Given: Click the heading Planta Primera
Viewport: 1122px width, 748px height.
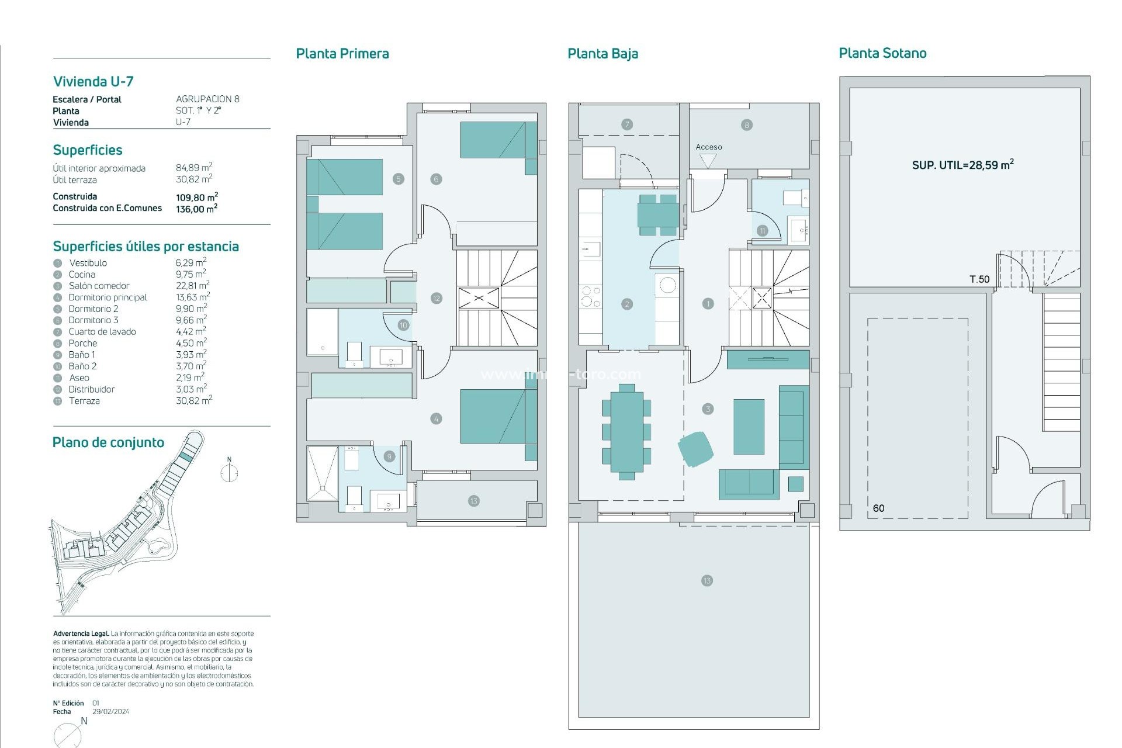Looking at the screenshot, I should [342, 54].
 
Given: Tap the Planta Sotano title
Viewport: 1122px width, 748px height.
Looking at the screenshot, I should [882, 53].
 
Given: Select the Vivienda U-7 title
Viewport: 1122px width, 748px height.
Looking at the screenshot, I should [93, 81].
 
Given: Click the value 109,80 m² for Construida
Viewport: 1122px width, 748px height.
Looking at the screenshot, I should [197, 197].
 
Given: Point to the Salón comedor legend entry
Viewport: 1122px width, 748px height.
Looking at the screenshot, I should [99, 286].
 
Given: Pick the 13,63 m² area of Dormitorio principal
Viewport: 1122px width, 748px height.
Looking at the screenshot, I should [192, 297].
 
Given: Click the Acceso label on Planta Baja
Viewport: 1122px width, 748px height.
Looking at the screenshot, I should [708, 147].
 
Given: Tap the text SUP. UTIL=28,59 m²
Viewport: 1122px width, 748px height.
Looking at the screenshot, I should [962, 165].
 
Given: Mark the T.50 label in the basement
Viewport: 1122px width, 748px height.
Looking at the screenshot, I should [979, 279].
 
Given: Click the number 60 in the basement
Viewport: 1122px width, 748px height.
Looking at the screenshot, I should [878, 508].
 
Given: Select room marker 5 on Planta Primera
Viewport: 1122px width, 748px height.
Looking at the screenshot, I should [399, 179].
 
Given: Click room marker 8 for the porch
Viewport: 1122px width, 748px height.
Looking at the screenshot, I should [746, 125].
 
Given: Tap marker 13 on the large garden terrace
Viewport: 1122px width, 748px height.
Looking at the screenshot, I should [707, 580].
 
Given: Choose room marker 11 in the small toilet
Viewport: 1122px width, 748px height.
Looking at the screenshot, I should [762, 231].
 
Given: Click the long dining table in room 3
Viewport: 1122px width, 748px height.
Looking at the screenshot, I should [626, 432].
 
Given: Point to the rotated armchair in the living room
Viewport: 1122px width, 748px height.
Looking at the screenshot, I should [695, 449].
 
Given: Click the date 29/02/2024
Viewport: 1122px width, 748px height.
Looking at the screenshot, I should [111, 712].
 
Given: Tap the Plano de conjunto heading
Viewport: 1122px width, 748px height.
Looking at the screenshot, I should [108, 442].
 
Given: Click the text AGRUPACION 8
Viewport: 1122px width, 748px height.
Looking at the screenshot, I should [207, 99].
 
